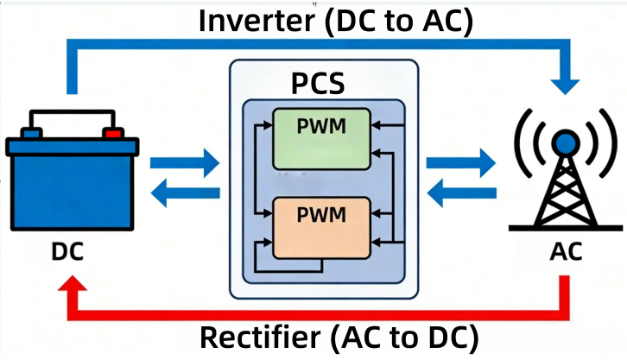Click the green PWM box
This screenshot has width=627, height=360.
point(320,138)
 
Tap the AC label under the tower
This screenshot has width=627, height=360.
point(566,252)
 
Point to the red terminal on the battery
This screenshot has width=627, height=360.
point(111,133)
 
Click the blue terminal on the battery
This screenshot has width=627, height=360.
point(32,133)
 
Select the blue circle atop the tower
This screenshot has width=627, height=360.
point(566,141)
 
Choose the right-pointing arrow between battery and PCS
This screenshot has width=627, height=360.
point(185,161)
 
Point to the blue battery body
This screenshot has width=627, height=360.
point(69,190)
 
